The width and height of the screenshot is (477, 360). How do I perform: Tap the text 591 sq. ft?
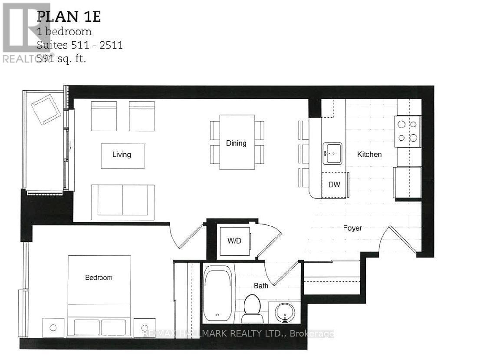click(61, 59)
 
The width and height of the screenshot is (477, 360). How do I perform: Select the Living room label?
click(122, 155)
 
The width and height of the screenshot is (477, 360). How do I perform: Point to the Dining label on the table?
click(236, 143)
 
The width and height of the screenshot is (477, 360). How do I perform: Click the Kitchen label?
click(369, 154)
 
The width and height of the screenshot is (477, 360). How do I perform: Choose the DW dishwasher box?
click(334, 185)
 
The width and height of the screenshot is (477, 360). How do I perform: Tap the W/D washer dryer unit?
click(234, 241)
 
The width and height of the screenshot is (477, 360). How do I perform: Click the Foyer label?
click(352, 228)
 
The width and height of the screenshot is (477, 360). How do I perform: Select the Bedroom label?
click(99, 277)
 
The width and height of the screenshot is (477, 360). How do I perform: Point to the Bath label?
click(261, 286)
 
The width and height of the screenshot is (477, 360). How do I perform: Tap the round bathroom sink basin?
click(285, 312)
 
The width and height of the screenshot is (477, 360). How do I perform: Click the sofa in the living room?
click(122, 201)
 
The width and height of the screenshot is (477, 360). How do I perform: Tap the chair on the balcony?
click(46, 109)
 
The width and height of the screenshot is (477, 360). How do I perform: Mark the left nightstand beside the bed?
click(53, 327)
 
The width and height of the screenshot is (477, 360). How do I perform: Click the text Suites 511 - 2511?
click(79, 45)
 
